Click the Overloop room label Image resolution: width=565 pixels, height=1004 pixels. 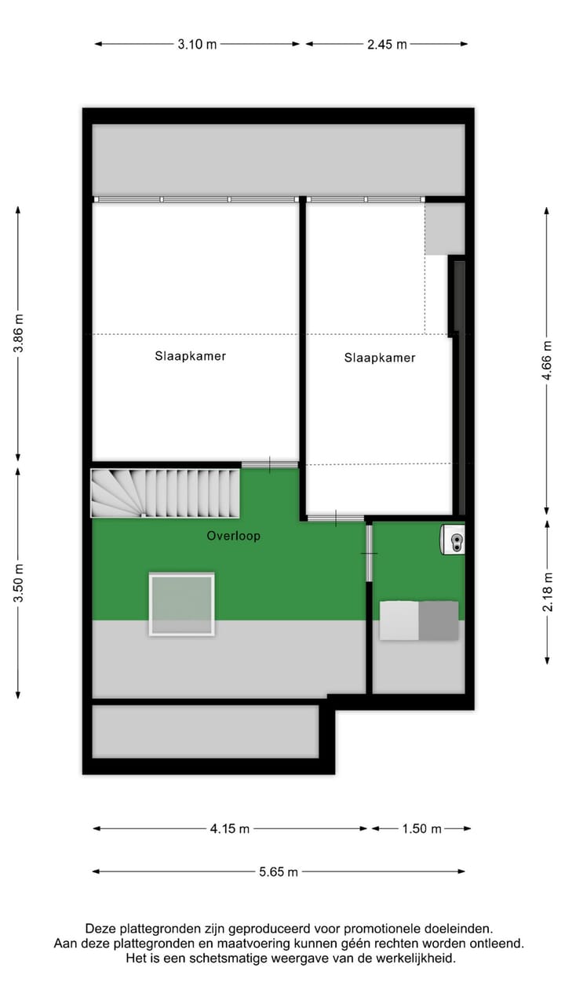tap(233, 537)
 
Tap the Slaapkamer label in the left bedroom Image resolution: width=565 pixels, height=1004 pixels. tap(190, 356)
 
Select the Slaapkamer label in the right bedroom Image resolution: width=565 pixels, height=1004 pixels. tap(379, 358)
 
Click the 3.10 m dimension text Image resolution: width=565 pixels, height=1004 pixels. tap(196, 44)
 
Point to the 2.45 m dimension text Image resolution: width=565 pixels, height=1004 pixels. tap(387, 44)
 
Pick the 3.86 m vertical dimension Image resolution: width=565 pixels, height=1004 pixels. tap(19, 333)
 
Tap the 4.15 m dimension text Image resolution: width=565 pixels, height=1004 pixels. tap(230, 828)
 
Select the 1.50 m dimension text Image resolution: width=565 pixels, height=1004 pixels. tap(422, 828)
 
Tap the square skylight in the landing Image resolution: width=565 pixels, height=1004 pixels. tap(181, 604)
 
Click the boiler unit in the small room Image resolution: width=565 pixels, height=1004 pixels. tap(453, 539)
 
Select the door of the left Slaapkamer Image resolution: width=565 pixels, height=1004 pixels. tap(269, 465)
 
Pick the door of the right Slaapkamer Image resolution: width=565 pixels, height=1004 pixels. tap(335, 518)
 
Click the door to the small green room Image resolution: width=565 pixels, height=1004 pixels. tap(369, 553)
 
